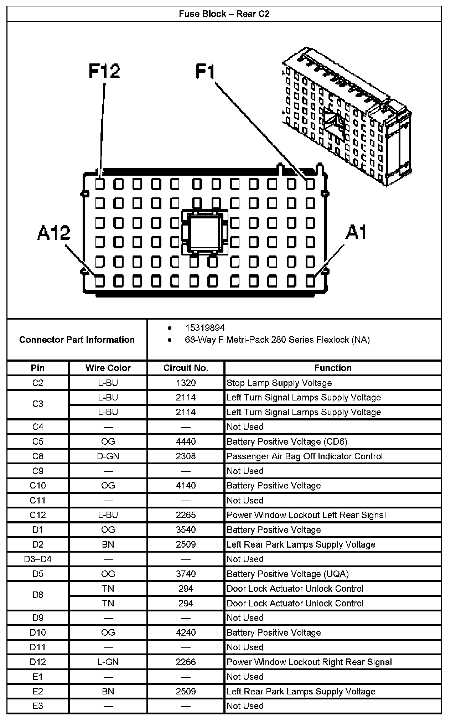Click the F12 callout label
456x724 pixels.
[x=104, y=71]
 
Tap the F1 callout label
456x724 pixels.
[x=206, y=71]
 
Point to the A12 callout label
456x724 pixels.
[x=54, y=234]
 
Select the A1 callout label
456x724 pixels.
[x=357, y=233]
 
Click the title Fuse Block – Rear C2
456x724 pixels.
[x=224, y=14]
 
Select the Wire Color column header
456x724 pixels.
[x=108, y=368]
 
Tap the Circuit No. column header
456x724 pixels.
[x=186, y=368]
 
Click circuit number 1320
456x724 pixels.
[x=186, y=383]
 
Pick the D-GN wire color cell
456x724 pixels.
[x=108, y=456]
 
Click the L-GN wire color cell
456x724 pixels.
[x=108, y=662]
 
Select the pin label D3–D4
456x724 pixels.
[x=38, y=559]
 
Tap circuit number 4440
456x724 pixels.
[x=186, y=442]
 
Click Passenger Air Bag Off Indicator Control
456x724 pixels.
[x=305, y=456]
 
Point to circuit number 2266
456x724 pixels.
[x=186, y=662]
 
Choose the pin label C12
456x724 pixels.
[x=38, y=515]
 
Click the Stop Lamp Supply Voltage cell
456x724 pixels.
[x=279, y=383]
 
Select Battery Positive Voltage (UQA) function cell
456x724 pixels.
[x=287, y=574]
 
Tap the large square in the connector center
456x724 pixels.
[x=204, y=232]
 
